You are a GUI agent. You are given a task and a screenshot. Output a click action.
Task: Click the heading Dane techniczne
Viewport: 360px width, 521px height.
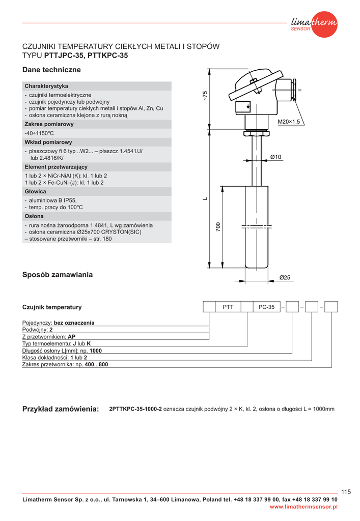click(x=51, y=70)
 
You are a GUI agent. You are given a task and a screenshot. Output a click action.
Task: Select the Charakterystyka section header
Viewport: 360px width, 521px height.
click(x=46, y=86)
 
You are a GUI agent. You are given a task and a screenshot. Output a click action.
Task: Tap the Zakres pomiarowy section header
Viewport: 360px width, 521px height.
click(x=49, y=124)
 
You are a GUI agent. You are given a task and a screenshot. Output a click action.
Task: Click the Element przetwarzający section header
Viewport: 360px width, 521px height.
click(x=56, y=167)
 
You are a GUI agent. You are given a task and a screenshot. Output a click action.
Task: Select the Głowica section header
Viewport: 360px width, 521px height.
click(x=36, y=192)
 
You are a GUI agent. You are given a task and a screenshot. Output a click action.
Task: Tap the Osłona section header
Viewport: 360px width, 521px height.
click(x=35, y=216)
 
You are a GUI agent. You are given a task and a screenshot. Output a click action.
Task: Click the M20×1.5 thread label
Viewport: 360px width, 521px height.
click(x=289, y=122)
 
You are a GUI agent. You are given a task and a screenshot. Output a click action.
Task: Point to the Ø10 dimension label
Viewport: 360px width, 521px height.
click(x=275, y=157)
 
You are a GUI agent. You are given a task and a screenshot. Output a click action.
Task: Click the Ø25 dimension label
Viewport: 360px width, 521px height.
click(x=285, y=277)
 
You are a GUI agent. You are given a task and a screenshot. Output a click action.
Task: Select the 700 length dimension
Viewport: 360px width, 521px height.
click(x=218, y=227)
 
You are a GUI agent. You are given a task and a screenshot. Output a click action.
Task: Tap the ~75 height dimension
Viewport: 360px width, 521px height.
click(x=205, y=95)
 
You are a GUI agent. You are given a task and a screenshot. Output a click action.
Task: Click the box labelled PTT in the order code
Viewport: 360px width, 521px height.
click(x=228, y=307)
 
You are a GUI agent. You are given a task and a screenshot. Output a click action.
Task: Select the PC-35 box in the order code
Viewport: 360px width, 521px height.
click(x=266, y=307)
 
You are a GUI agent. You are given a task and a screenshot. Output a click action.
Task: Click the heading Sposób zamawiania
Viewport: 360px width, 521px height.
click(x=58, y=275)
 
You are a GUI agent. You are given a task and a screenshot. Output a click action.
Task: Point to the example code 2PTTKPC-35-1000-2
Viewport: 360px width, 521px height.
click(x=135, y=409)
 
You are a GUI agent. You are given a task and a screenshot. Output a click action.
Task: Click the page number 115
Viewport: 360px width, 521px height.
click(x=346, y=491)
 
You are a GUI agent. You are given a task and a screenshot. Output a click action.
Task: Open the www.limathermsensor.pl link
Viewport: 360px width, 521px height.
click(x=303, y=507)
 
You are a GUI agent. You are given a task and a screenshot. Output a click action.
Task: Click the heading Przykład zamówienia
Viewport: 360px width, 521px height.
click(x=61, y=410)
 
